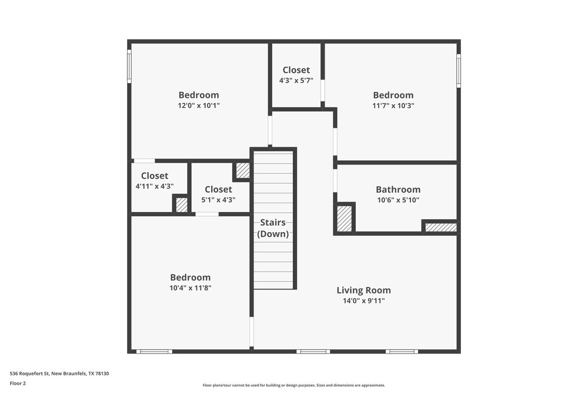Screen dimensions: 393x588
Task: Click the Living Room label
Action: pos(363,290)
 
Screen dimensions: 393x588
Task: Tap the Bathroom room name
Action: pos(398,189)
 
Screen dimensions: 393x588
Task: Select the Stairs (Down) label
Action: pos(273,228)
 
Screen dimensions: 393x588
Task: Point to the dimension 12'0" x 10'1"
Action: pos(199,105)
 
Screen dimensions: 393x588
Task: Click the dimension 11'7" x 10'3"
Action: pos(393,105)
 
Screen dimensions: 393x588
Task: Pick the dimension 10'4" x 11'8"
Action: pos(190,288)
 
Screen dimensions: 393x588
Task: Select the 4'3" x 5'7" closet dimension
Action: pos(296,80)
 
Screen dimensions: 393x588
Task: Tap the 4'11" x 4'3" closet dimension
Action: pos(154,186)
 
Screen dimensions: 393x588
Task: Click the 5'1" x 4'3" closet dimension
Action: pos(218,200)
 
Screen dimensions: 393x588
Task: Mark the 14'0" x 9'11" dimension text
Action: pos(363,300)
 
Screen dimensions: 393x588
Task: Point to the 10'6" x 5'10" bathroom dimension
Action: pos(398,200)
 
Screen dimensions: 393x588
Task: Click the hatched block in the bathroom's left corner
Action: pos(344,219)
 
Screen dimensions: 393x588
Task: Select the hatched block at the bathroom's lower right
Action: pos(440,227)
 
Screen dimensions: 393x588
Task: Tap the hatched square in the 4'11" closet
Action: pos(182,204)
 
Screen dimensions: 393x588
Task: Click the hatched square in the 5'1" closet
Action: pos(242,170)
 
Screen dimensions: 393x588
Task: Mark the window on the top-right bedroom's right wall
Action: pos(459,71)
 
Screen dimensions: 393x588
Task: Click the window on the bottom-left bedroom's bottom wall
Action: pos(154,352)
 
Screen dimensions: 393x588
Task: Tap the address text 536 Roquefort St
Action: pos(59,373)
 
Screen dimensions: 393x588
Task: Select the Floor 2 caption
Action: pos(18,383)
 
